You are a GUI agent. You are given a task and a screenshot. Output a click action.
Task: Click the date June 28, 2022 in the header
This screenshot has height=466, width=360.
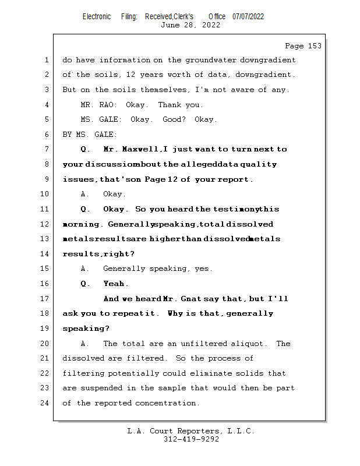click(x=190, y=25)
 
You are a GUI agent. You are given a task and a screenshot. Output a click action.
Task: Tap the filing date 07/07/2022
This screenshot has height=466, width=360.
click(x=248, y=16)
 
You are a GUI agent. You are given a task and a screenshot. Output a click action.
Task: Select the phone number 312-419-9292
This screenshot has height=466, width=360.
click(x=191, y=439)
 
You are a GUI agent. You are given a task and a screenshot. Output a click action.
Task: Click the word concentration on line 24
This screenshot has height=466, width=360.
click(x=167, y=403)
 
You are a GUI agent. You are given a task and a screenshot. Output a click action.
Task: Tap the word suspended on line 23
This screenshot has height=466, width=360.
click(x=96, y=388)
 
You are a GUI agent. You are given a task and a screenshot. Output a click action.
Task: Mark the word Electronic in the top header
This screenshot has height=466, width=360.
click(x=97, y=16)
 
